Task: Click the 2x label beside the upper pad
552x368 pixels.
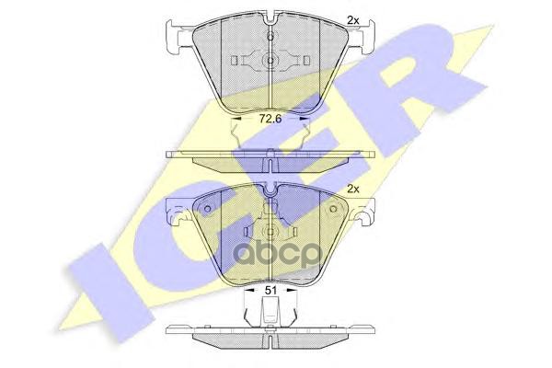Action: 352,18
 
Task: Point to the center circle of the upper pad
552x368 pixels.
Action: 270,62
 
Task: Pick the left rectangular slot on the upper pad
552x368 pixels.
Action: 238,62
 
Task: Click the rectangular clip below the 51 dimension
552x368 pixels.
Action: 270,317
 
